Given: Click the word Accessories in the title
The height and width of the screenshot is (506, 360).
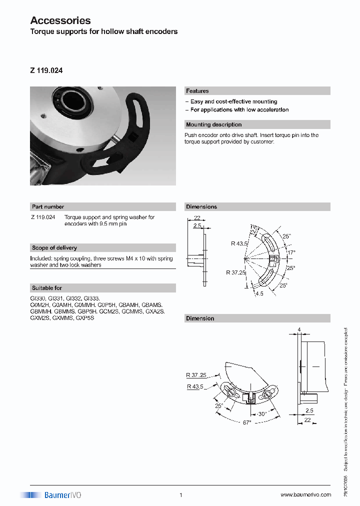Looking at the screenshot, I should pos(60,20).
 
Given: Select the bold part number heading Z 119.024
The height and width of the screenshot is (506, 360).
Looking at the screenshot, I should pos(46,71).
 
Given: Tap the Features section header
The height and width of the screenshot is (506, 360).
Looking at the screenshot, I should pos(197,91).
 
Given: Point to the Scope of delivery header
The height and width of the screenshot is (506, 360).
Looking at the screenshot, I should pos(54,247).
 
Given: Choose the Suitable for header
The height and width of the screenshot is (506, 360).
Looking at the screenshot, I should pos(47,288).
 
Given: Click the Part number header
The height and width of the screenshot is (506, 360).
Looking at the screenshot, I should pos(48,206).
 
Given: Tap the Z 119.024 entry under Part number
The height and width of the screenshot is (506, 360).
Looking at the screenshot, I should pos(43,217).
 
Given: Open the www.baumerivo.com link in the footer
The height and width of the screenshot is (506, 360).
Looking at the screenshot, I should pos(305,495).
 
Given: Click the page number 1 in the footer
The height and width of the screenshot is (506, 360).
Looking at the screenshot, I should pos(180,495).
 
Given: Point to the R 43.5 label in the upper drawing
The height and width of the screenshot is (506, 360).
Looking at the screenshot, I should pos(239,243).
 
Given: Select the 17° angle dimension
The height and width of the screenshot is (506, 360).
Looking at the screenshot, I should pos(291,252).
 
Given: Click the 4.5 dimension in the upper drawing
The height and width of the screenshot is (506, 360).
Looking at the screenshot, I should pos(259,293).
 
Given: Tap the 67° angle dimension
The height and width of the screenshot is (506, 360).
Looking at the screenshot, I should pos(246,422).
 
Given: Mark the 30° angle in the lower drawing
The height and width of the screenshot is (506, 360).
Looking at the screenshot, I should pos(261,414).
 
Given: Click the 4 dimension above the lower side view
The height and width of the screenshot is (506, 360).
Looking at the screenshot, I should pos(299,329).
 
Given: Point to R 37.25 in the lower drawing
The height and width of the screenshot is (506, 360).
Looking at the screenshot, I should pos(195,374).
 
